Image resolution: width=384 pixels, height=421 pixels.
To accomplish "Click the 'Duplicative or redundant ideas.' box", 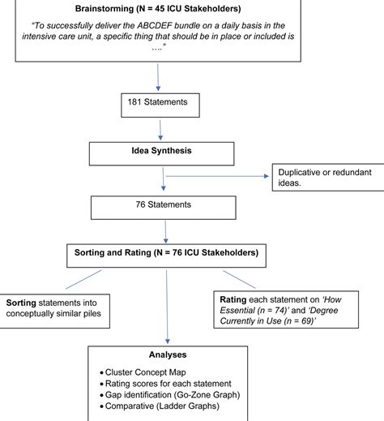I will (x=319, y=179).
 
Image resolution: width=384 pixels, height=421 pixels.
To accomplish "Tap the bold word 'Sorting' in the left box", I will (x=24, y=300).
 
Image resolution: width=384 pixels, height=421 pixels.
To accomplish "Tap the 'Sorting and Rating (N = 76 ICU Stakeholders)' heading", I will (x=166, y=254).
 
